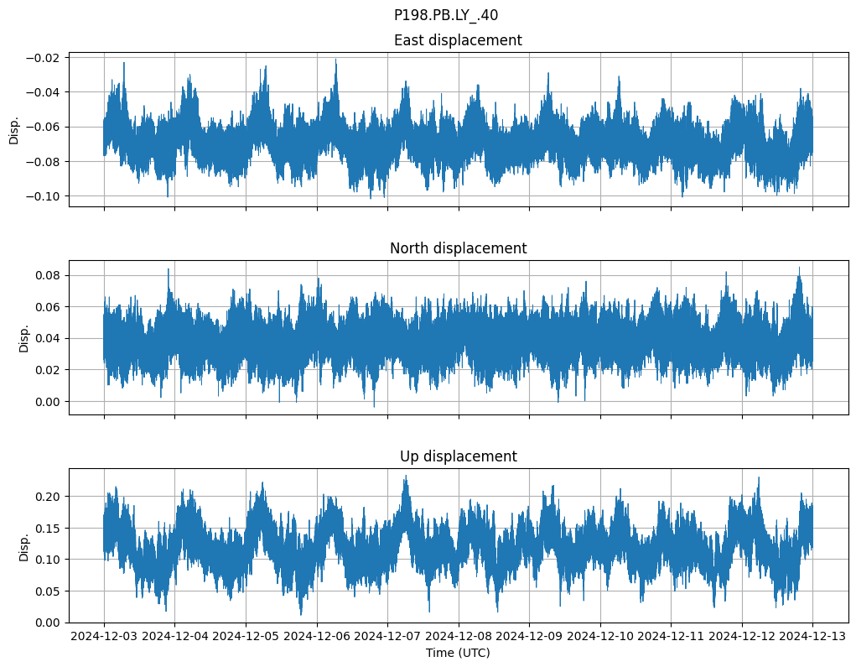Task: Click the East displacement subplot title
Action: tap(458, 40)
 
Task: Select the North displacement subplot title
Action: tap(458, 248)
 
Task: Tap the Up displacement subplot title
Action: tap(458, 456)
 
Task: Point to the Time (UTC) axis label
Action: tap(458, 653)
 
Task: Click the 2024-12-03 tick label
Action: tap(104, 637)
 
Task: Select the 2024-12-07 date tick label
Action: tap(387, 637)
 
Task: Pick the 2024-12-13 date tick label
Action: tap(812, 637)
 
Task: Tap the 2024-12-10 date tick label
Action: tap(599, 637)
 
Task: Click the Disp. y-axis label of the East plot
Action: tap(14, 129)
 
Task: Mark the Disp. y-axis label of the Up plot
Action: tap(25, 545)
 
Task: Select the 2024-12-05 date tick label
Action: tap(246, 637)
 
